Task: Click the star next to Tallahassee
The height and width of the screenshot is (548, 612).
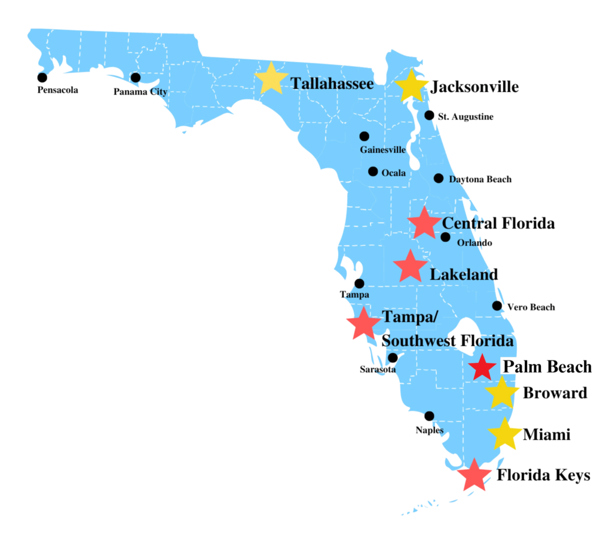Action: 271,78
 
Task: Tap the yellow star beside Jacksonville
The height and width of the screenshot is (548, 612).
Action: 411,86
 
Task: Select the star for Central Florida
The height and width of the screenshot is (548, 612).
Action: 424,223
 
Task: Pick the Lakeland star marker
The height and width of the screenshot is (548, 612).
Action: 410,266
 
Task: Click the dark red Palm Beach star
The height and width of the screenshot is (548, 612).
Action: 482,367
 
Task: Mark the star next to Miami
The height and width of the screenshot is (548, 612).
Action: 504,435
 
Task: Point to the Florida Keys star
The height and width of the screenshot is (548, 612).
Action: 473,475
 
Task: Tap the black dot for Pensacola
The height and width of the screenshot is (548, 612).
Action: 42,78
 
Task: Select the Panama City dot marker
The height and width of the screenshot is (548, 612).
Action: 136,78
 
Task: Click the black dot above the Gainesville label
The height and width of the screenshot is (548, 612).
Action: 365,136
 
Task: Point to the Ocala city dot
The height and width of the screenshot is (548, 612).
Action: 373,171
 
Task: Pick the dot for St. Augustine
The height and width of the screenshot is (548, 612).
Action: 429,115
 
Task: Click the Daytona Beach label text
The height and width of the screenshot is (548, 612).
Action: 481,179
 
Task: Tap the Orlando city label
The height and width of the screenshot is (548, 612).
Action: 475,243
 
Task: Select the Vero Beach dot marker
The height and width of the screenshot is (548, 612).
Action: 497,306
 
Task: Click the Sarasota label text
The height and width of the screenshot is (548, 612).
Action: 377,370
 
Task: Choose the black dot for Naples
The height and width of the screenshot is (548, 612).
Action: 429,416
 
